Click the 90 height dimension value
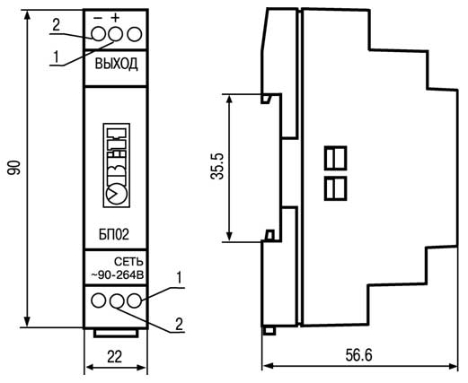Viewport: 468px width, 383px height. point(14,168)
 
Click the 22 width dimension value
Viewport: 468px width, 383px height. point(115,357)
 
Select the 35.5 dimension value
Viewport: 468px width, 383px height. point(217,166)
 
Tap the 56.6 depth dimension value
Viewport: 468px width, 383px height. point(358,355)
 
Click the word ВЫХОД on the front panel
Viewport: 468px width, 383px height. point(117,64)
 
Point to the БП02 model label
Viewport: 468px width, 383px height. point(114,234)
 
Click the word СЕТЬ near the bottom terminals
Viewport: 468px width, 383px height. point(129,262)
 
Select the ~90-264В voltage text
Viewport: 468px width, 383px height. point(118,275)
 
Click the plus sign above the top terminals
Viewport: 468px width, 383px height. point(115,18)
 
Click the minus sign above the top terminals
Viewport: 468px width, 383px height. point(98,18)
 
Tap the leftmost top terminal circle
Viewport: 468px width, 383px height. point(99,34)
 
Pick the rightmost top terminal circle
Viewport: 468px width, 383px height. point(134,34)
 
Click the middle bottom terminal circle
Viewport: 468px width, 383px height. point(117,300)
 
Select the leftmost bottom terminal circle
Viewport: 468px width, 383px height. point(99,300)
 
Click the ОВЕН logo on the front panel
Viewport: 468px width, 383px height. point(117,165)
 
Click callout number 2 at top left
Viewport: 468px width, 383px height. point(56,25)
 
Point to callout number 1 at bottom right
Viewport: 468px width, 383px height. point(179,278)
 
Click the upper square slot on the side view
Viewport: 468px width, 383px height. point(335,158)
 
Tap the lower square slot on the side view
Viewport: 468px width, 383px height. point(335,188)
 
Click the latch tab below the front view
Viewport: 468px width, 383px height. point(116,333)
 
